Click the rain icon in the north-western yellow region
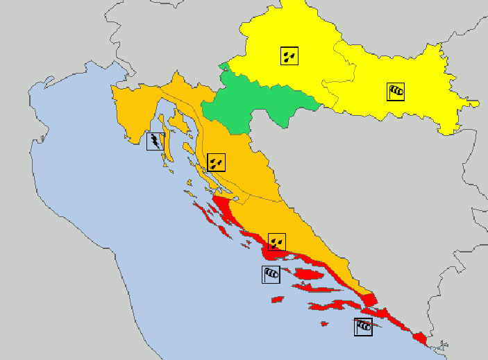click(x=289, y=55)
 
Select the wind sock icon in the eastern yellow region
click(x=396, y=91)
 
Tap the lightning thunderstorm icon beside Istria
click(x=155, y=142)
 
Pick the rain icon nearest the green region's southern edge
click(x=217, y=162)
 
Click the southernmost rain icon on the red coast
click(x=277, y=243)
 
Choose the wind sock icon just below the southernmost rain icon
click(x=271, y=274)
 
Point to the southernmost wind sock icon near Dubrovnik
click(x=363, y=327)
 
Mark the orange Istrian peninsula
click(x=132, y=111)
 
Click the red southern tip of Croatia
click(x=419, y=338)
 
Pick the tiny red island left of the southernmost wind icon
click(x=324, y=323)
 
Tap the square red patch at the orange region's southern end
click(x=369, y=300)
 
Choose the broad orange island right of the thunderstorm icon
click(x=179, y=123)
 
